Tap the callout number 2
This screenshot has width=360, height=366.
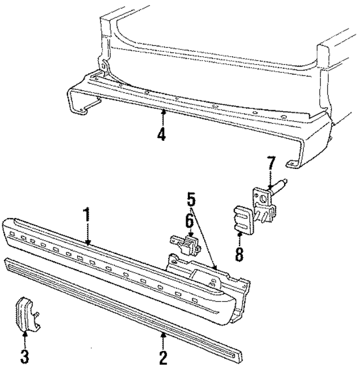tap(163, 357)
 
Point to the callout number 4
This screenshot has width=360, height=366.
tap(162, 136)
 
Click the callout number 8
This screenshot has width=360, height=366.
tap(239, 254)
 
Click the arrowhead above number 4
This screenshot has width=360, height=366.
tap(163, 113)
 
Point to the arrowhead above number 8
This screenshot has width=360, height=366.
tap(240, 234)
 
